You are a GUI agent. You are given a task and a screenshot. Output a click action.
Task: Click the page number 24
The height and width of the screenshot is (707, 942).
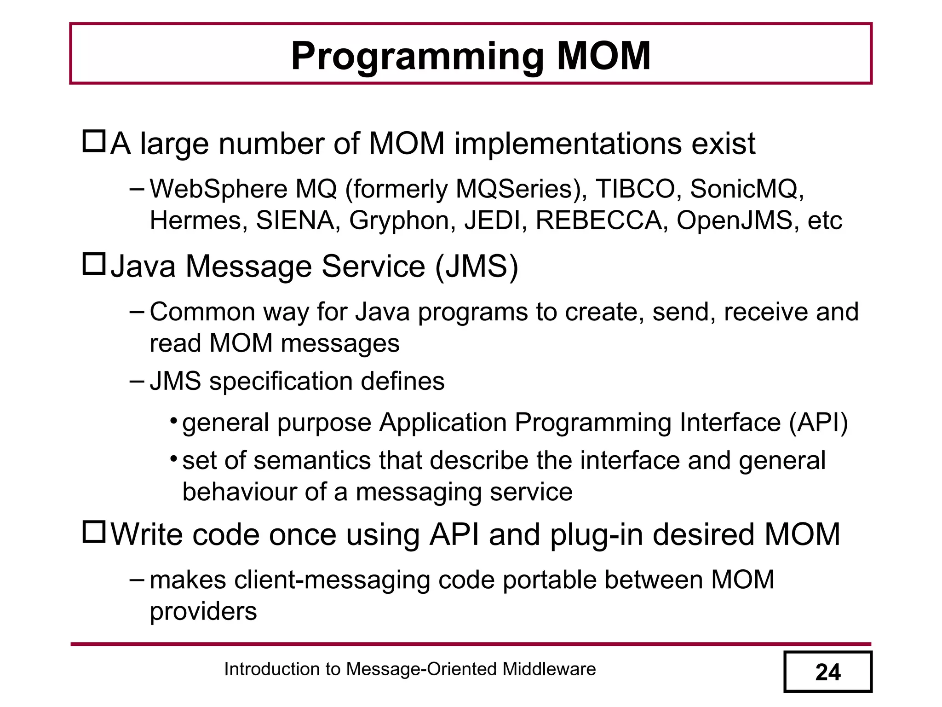coord(828,672)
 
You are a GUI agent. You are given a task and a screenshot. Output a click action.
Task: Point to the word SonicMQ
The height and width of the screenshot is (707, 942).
coord(747,189)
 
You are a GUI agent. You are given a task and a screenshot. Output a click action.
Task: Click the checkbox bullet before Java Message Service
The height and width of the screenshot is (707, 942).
coord(94,264)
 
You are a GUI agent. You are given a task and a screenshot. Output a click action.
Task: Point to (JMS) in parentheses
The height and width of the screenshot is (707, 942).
coord(477,267)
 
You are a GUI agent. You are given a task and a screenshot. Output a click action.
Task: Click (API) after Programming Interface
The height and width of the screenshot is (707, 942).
coord(818,422)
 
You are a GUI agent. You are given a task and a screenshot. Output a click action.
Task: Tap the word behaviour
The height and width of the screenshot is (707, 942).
coord(239,492)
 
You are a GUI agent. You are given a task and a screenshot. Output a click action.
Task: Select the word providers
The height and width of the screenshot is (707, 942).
coord(203,612)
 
